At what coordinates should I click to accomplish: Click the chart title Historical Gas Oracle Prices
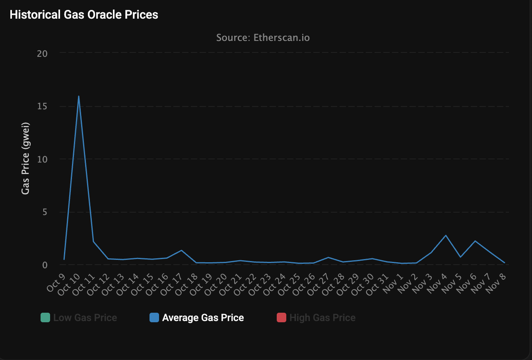click(84, 15)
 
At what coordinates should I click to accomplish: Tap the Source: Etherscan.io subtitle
click(263, 38)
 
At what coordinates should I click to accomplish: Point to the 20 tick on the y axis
click(42, 54)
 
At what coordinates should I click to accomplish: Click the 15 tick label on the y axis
click(42, 106)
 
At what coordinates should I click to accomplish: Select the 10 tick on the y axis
click(42, 159)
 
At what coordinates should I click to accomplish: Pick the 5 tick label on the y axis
click(45, 212)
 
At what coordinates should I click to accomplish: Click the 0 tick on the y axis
click(45, 265)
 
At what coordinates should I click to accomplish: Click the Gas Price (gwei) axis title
click(25, 158)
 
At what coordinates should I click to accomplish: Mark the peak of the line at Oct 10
click(79, 96)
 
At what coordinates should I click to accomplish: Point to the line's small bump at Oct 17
click(182, 250)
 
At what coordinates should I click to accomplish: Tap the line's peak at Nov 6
click(475, 241)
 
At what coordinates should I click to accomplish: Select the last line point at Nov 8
click(505, 263)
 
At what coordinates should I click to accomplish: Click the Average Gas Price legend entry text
click(203, 318)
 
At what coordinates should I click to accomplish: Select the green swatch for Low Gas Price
click(45, 318)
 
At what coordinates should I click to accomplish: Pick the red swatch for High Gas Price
click(282, 318)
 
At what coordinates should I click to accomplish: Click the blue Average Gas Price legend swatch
click(154, 318)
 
